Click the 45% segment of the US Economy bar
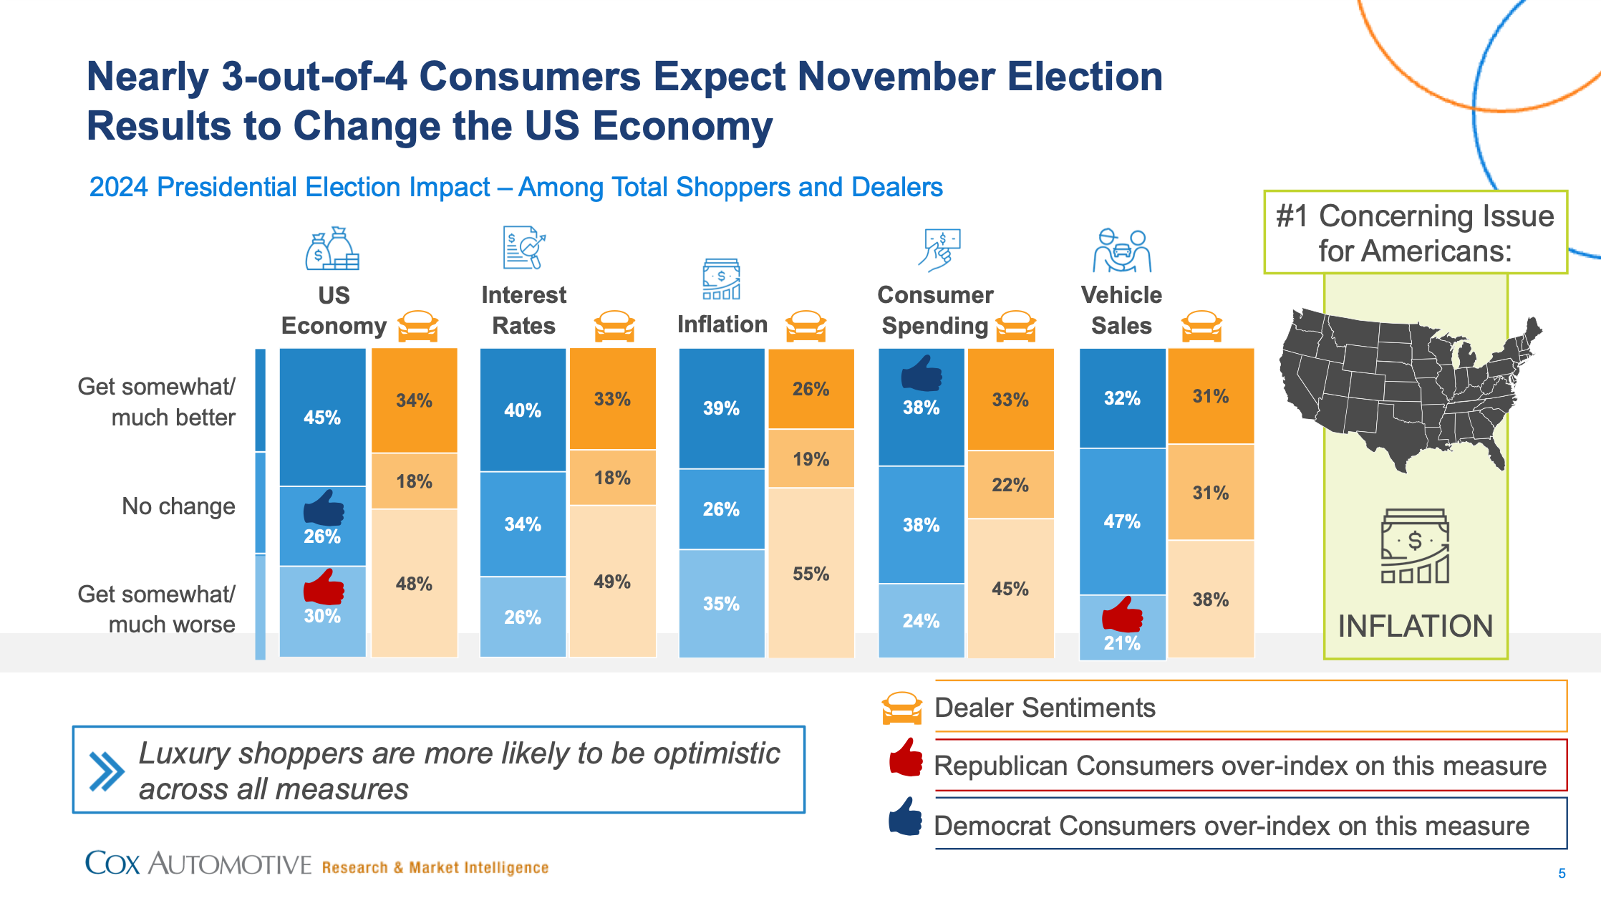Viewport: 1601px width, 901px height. click(x=322, y=417)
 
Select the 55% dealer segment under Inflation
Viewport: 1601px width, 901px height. click(x=811, y=573)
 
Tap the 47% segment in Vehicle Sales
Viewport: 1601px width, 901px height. click(x=1122, y=521)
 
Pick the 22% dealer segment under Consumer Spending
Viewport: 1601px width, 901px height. click(x=1010, y=485)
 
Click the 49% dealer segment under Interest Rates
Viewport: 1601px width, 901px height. click(x=612, y=581)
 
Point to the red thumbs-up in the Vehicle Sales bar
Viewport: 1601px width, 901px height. click(x=1122, y=615)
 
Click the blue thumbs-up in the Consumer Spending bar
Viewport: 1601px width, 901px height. click(x=921, y=374)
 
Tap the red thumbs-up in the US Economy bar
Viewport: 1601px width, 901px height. click(x=324, y=587)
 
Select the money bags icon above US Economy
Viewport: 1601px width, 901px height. click(x=332, y=249)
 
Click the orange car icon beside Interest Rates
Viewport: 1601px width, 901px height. click(x=614, y=326)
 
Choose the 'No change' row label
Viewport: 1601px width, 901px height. click(x=178, y=506)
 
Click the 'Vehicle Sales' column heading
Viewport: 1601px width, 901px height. click(x=1121, y=309)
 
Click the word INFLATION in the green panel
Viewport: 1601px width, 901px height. click(x=1415, y=626)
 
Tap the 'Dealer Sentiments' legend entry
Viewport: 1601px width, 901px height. click(x=1045, y=708)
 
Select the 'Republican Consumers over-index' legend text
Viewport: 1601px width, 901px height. click(x=1239, y=766)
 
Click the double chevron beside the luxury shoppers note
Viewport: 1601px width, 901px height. click(x=107, y=771)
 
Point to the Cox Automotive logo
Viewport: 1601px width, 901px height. click(x=198, y=864)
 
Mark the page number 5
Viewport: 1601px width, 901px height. click(x=1562, y=873)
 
